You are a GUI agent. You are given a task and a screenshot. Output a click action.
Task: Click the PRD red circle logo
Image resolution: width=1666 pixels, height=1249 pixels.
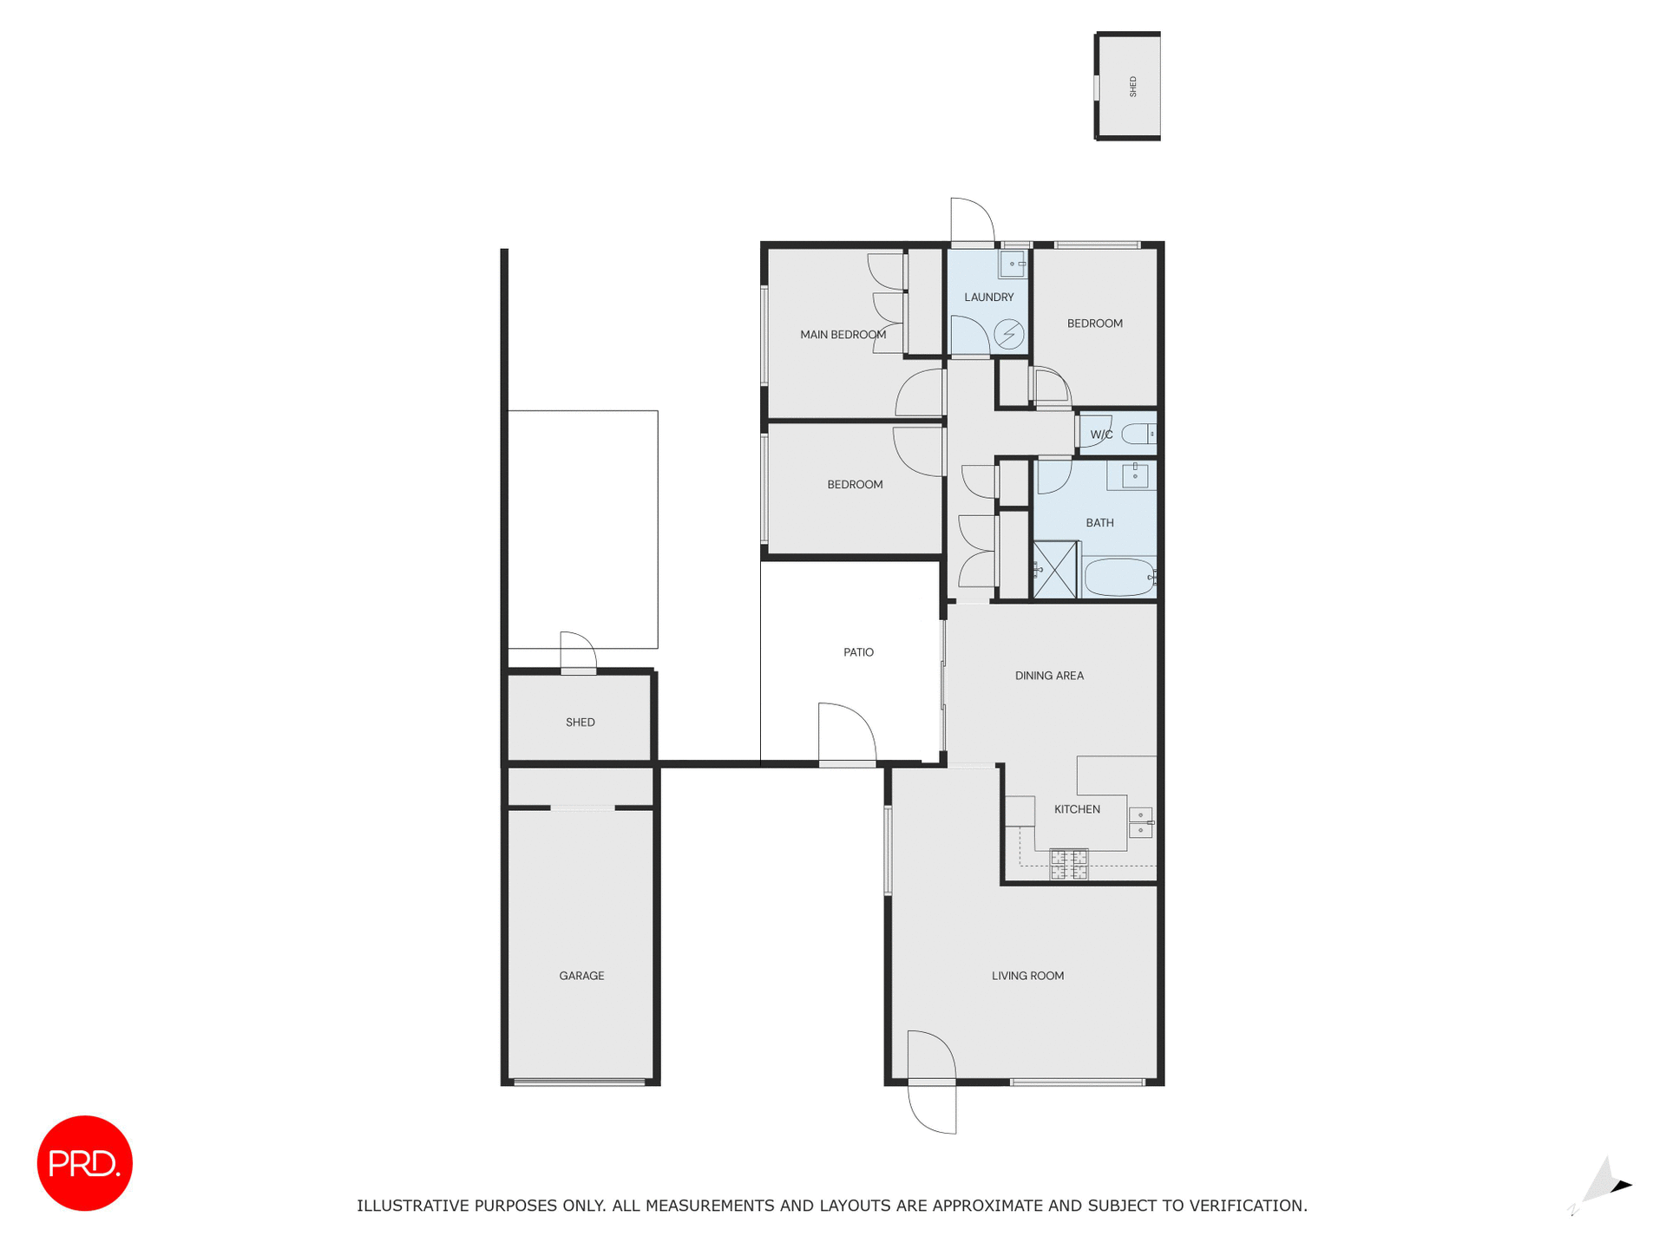point(84,1162)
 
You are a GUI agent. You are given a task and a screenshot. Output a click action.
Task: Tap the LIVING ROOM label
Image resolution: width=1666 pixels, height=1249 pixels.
point(1027,976)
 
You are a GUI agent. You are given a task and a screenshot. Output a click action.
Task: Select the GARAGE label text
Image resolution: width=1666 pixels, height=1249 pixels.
point(581,976)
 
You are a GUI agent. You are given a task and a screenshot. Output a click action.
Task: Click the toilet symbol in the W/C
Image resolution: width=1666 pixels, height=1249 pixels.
point(1138,434)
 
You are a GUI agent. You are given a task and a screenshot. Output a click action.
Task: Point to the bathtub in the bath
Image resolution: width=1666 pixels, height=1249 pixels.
point(1118,577)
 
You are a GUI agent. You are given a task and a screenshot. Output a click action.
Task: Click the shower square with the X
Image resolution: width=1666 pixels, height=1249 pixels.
point(1055,570)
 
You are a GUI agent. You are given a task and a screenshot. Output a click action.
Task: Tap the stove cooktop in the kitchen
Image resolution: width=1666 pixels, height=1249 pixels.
point(1068,864)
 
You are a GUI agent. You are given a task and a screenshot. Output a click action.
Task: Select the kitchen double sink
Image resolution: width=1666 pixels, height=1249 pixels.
point(1140,822)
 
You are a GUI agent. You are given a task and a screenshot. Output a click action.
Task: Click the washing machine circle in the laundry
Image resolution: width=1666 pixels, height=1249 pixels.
point(1008,334)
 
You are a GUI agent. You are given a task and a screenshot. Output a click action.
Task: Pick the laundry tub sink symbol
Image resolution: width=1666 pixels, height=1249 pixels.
point(1012,264)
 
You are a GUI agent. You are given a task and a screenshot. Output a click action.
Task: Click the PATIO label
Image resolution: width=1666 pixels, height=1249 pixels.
point(858,652)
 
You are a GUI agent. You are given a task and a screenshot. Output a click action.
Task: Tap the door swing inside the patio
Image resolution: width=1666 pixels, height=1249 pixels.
point(846,734)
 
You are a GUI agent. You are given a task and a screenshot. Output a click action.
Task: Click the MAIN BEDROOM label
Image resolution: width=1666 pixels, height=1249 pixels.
point(843,335)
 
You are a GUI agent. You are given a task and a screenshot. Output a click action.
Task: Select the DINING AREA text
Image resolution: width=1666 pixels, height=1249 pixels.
point(1049,676)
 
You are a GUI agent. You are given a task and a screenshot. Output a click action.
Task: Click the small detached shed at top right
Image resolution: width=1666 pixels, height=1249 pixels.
point(1128,86)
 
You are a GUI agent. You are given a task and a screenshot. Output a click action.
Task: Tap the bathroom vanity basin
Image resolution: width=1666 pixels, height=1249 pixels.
point(1134,475)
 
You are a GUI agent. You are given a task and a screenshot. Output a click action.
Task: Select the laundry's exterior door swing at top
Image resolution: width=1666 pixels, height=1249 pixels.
point(972,221)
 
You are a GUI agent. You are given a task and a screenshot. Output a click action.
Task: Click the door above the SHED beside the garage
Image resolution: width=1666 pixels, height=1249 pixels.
point(578,653)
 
